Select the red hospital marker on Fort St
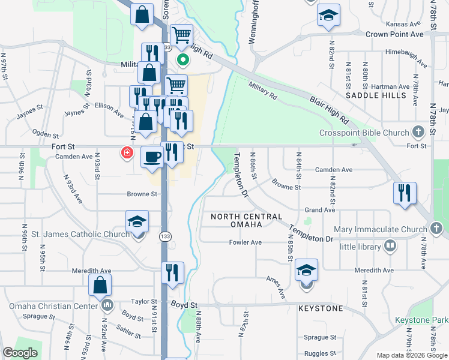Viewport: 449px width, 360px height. coord(127,153)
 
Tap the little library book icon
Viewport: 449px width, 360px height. coord(391,246)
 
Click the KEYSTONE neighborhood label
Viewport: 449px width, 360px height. coord(321,308)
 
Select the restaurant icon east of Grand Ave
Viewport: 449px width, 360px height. coord(405,193)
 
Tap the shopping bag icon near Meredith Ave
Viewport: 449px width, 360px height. coord(100,286)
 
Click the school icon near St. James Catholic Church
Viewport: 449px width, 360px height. coord(137,222)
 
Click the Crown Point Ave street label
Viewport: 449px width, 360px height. coord(394,35)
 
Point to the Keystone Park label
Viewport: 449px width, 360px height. coord(421,320)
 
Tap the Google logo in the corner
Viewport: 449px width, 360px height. coord(20,353)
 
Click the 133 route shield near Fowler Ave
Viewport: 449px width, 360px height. coord(164,236)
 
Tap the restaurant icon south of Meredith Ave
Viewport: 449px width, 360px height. coord(173,273)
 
